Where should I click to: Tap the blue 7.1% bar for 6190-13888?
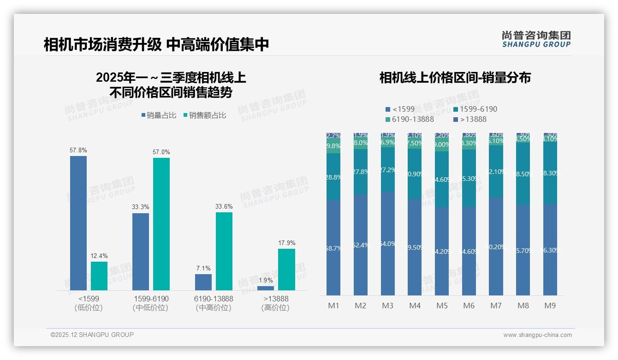tap(203, 282)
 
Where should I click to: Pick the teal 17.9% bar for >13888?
tap(286, 270)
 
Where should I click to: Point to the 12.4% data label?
tap(99, 256)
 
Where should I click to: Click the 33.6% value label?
tap(224, 206)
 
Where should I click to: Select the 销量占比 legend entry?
tap(159, 115)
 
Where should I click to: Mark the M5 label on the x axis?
tap(442, 306)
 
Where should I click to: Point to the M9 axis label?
tap(550, 306)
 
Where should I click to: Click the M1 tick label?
tap(333, 306)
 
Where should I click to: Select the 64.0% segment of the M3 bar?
tap(388, 243)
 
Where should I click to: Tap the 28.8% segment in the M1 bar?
tap(333, 177)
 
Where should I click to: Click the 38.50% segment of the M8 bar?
tap(523, 174)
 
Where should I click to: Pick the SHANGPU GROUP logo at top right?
tap(536, 39)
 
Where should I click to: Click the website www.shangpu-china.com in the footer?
tap(537, 335)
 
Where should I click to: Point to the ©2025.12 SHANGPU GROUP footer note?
tap(92, 335)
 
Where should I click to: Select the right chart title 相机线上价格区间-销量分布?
tap(455, 78)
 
